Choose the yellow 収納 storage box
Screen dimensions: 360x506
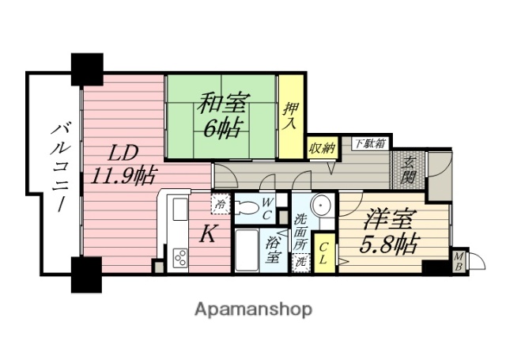(x=322, y=147)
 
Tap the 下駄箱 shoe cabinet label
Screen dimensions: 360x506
(x=369, y=143)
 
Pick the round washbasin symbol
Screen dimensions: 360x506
(x=320, y=204)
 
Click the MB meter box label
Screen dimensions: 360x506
(x=459, y=260)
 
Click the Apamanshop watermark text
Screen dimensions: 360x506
(x=252, y=309)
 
